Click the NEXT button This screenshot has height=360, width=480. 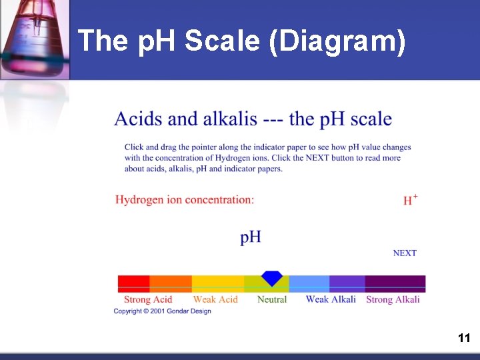(405, 253)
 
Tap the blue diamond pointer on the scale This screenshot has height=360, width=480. (271, 278)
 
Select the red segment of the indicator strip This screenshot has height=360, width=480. (133, 283)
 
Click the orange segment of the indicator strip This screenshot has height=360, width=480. (171, 283)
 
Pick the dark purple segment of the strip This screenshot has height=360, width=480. (395, 283)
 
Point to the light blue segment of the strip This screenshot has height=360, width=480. (309, 283)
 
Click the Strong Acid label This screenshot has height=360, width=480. (148, 300)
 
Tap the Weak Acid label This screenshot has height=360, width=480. (215, 300)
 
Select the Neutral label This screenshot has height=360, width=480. (272, 300)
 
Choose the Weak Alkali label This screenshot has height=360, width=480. (331, 300)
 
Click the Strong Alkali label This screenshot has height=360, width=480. (393, 300)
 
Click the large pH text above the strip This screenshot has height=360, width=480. (251, 237)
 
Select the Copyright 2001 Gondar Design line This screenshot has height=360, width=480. (162, 311)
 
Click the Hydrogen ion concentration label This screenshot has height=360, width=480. (185, 199)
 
